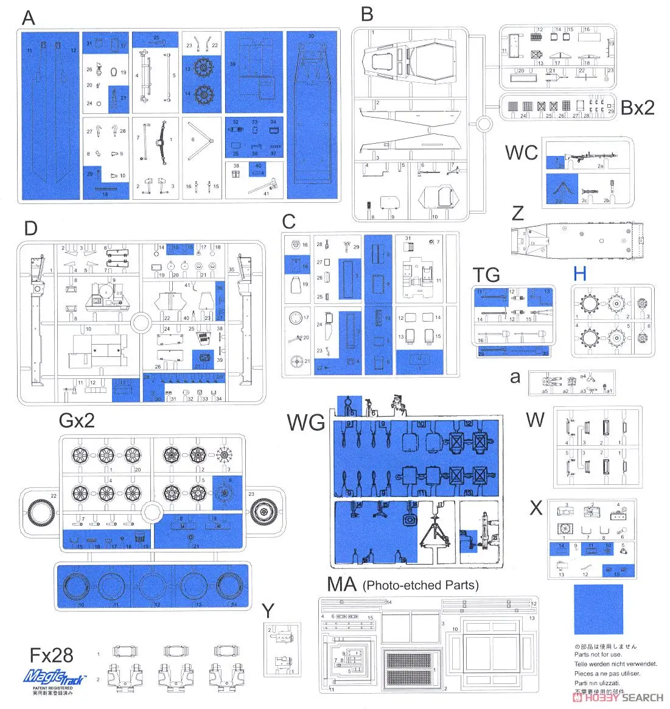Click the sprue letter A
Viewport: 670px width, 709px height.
(29, 18)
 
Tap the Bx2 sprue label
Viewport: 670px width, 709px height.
(637, 107)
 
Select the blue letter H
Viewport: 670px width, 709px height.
(579, 273)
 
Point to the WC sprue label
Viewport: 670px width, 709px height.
(522, 152)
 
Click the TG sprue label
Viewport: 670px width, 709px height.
(486, 275)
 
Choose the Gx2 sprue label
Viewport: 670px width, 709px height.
(77, 420)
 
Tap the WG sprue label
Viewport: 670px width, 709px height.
(305, 422)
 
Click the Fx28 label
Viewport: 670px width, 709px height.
(52, 655)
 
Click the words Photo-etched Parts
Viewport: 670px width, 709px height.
(420, 585)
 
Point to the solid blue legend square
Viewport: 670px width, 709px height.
(598, 610)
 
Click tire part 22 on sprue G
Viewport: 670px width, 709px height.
(40, 512)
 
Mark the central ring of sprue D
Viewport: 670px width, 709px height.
(141, 321)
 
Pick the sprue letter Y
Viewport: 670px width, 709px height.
(268, 610)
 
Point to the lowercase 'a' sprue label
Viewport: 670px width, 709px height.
(515, 377)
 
